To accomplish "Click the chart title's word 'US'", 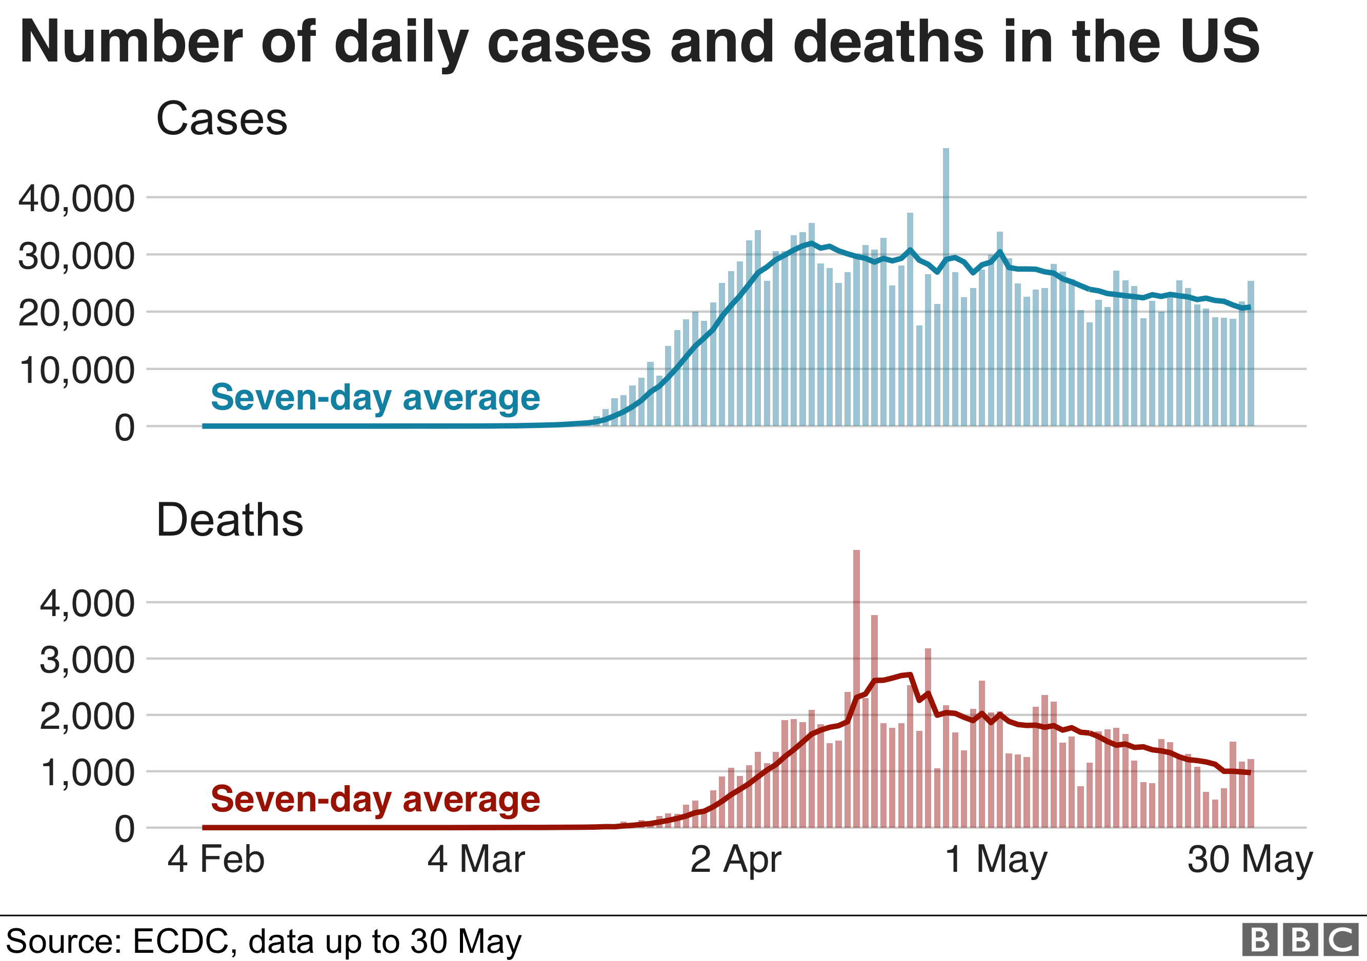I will [1220, 42].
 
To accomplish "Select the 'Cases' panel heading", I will [222, 118].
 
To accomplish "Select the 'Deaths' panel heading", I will [230, 520].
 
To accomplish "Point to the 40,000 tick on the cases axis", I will [77, 198].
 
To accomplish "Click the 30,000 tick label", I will [77, 256].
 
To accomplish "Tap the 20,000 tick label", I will [77, 313].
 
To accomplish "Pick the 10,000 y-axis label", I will [77, 370].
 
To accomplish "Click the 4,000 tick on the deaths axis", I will [88, 603].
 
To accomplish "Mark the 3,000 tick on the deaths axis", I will [88, 660].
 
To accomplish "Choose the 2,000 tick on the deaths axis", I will [88, 717].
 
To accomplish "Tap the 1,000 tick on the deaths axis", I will [88, 773].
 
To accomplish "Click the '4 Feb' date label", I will [215, 859].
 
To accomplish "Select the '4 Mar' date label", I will [476, 859].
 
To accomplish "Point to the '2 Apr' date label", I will [735, 859].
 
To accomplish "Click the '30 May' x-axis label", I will [1250, 859].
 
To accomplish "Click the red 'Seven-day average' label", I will [375, 799].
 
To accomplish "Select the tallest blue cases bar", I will [946, 285].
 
